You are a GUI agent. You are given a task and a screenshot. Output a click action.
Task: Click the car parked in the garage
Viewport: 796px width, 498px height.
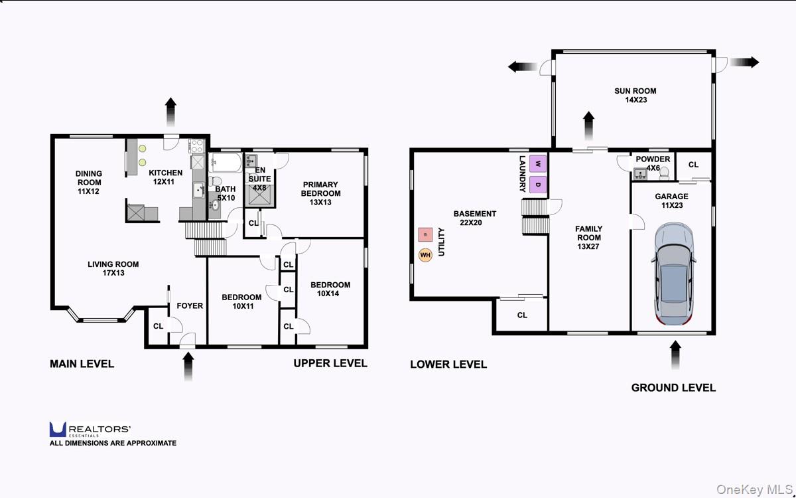tap(673, 274)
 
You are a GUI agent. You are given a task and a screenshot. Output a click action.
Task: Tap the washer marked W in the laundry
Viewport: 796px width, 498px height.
tap(538, 163)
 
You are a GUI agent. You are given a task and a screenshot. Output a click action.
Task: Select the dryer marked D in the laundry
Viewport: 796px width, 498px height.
tap(538, 185)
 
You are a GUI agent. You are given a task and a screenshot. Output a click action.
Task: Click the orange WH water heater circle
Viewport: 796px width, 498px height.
tap(425, 255)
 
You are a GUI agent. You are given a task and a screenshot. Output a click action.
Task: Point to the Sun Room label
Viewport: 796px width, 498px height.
tap(635, 96)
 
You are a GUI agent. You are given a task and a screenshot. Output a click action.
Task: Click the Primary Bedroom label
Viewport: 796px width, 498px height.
tap(320, 193)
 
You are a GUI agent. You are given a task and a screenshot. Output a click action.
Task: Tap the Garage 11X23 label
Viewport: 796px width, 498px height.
tap(671, 201)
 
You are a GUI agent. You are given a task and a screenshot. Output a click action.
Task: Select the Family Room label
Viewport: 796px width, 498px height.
tap(589, 238)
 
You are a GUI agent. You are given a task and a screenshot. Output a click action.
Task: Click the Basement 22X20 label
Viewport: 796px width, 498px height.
tap(474, 218)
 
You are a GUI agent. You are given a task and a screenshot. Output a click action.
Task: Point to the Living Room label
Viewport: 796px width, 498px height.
tap(113, 268)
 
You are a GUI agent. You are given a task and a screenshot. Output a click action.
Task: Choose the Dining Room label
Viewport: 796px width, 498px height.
tap(89, 183)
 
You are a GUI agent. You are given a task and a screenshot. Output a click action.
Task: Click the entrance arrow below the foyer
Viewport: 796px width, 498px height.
tap(188, 367)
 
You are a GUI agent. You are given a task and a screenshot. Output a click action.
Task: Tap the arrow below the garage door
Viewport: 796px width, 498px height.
tap(675, 355)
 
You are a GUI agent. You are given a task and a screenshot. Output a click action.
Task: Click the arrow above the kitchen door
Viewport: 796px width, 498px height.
tap(171, 112)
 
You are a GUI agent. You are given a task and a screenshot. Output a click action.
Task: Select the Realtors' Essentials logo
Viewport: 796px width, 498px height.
tap(90, 430)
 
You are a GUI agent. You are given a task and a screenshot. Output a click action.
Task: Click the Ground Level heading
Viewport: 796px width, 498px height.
tap(673, 388)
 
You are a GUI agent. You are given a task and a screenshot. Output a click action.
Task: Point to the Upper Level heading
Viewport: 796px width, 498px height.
tap(330, 363)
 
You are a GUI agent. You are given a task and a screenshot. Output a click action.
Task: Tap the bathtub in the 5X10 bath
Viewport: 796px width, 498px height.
tap(225, 163)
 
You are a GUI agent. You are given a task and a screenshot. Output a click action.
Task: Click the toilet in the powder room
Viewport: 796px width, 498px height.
tap(664, 173)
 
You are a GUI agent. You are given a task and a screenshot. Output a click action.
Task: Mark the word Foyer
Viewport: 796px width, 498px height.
tap(190, 306)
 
